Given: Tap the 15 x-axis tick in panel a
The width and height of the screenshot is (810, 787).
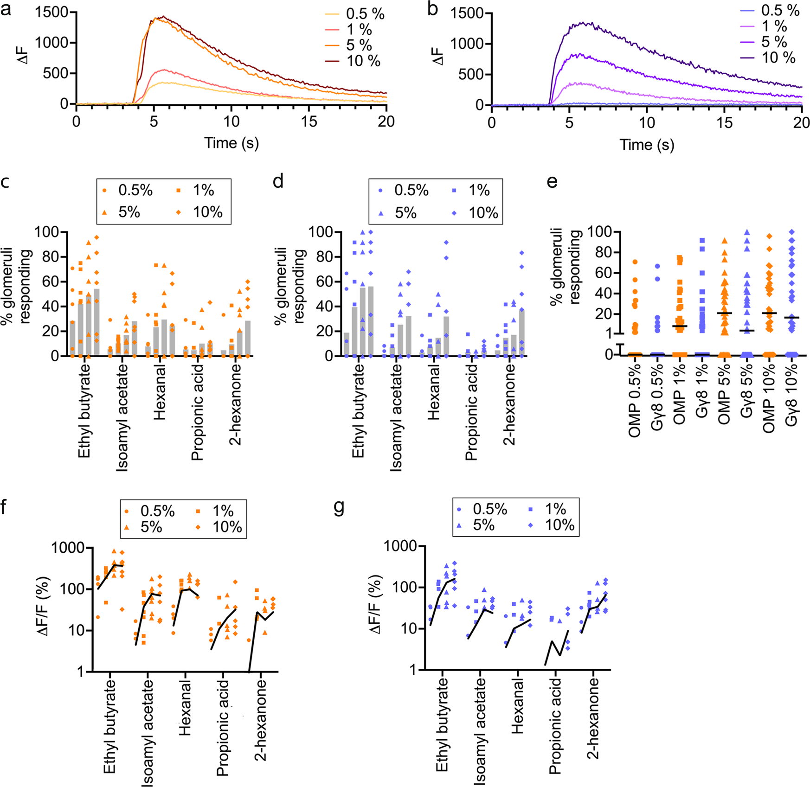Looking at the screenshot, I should [x=309, y=122].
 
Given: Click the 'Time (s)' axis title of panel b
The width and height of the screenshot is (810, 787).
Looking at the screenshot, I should [x=647, y=145].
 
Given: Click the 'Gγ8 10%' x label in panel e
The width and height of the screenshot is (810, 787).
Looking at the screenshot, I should [x=791, y=395].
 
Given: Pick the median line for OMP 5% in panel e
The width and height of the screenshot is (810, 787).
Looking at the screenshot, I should [x=724, y=313].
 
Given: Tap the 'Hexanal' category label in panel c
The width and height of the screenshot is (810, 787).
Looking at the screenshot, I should [x=159, y=392].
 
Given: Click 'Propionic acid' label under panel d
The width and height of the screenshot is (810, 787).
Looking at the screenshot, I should [x=471, y=412].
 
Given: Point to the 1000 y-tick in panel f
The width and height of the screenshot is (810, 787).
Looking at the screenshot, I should [x=68, y=548].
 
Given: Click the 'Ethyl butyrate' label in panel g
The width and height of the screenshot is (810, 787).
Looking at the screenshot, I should [x=443, y=725].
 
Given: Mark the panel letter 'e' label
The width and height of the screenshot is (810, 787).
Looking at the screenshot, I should [x=552, y=182].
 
